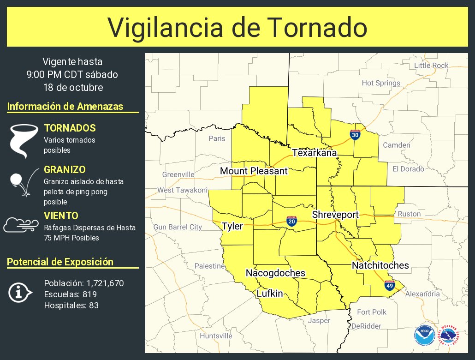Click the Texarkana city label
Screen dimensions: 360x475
[x=314, y=153]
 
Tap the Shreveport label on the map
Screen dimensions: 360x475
[x=335, y=215]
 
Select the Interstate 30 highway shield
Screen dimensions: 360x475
[x=355, y=135]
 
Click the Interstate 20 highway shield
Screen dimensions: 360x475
[x=291, y=221]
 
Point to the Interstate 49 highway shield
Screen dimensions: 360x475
[x=390, y=285]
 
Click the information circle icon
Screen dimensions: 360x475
[x=20, y=292]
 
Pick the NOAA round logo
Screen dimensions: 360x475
[x=424, y=335]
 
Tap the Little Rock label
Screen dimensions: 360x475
[x=431, y=66]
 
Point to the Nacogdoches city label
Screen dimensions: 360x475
[x=275, y=273]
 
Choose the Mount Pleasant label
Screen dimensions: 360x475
[x=254, y=171]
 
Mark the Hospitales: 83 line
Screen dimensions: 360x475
[x=71, y=305]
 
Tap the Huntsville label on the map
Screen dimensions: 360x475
[x=216, y=336]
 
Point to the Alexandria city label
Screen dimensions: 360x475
[x=422, y=294]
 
